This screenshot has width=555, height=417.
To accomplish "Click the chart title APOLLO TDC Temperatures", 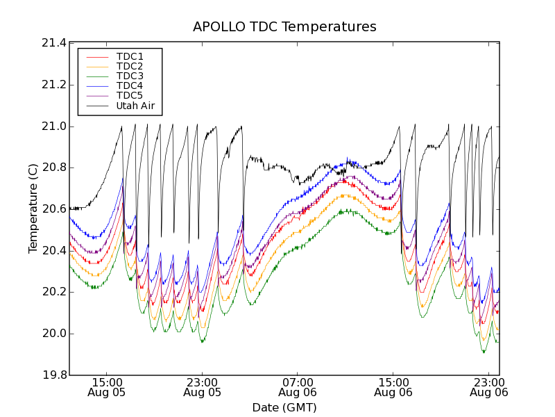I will coord(284,27).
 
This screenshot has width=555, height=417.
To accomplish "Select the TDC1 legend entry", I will coord(130,56).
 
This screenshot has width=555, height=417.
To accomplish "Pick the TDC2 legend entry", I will coord(130,66).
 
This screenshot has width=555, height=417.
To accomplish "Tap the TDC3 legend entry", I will coord(130,76).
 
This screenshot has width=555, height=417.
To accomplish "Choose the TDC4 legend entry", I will coord(130,86).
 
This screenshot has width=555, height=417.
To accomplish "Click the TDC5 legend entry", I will coord(130,96).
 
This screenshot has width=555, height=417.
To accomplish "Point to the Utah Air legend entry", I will coord(135,106).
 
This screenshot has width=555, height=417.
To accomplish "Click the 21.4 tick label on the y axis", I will coord(53,43).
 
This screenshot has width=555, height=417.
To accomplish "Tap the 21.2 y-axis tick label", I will coord(53,85).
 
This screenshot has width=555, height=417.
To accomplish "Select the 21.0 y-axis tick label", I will coord(53,126).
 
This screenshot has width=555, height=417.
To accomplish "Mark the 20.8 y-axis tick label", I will coord(53,167).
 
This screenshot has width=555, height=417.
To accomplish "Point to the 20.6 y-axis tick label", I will coord(53,209).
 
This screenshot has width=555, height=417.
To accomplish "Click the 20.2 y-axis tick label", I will coord(53,292).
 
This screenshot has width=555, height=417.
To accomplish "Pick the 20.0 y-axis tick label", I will coord(53,334).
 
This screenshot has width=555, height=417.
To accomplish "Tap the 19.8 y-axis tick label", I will coord(53,375).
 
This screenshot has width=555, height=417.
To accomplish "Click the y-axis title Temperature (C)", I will coord(33,208).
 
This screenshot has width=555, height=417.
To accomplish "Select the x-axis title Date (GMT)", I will coord(284,407).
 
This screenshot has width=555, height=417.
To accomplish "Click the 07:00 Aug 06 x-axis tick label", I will coord(298,387).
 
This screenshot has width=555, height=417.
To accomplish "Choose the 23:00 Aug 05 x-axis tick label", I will coord(202,387).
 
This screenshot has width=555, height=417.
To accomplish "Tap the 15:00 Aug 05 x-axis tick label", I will coord(106,387).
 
